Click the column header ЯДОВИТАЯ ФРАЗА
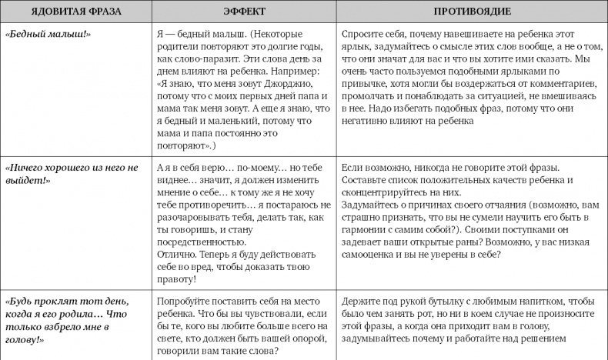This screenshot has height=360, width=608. [x=75, y=12]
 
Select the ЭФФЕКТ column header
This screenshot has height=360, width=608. [x=244, y=12]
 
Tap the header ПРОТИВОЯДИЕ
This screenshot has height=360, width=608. [x=471, y=12]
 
